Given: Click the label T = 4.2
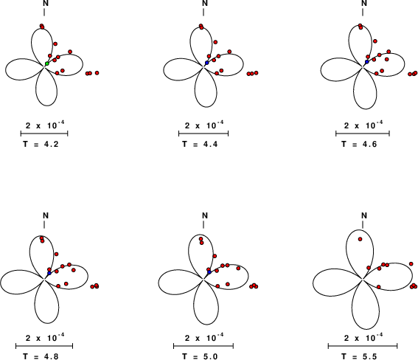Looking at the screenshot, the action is point(41,145).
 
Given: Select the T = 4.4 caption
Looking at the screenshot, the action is point(200,145).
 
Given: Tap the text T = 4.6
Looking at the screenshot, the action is point(359,145).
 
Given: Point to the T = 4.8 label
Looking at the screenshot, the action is point(41,356).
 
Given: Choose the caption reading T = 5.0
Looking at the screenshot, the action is point(200,356).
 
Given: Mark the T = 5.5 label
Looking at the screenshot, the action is point(359,356).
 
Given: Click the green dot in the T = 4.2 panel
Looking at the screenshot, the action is point(47,63).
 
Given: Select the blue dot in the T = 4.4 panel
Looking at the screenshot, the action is point(207,63).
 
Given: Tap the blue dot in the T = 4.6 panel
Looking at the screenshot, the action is point(367,62).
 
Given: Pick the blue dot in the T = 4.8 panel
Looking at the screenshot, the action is point(49,274).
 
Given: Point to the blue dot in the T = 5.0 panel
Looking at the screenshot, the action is point(209,272).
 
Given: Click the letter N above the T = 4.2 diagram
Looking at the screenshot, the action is point(46,3).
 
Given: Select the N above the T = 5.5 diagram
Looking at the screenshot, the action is point(364,215).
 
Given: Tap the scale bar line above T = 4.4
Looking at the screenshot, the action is point(203,134).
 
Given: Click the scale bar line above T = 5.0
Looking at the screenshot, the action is point(203,346).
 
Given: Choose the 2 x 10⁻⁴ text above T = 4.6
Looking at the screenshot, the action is point(363,125).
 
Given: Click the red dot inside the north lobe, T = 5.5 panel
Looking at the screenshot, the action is point(360,239).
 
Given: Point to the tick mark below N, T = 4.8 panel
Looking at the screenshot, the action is point(44,225).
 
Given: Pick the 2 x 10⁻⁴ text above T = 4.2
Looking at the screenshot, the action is point(45,125).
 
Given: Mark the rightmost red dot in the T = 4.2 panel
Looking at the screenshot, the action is point(97,73).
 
